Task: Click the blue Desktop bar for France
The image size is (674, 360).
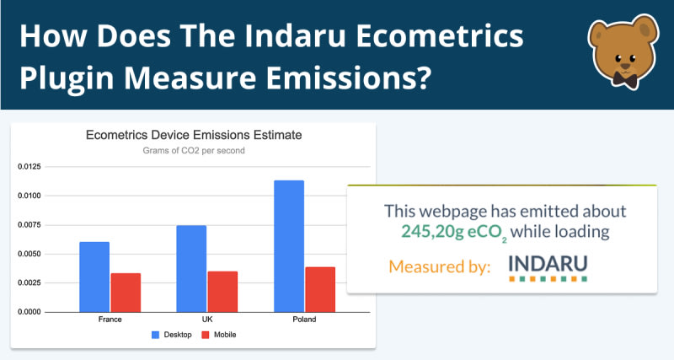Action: (x=94, y=277)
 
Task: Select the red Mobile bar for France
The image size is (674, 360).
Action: (x=126, y=293)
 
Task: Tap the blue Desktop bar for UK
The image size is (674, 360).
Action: (x=191, y=269)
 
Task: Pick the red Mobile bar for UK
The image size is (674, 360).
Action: (x=222, y=292)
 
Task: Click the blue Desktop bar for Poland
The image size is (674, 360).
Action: (x=289, y=246)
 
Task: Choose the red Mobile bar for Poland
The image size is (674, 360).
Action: (x=320, y=289)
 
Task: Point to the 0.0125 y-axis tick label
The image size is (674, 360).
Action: (x=29, y=166)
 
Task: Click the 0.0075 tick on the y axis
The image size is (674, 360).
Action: (x=29, y=224)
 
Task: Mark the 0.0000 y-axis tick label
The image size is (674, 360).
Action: (x=29, y=312)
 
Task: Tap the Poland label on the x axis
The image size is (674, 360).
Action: (x=304, y=320)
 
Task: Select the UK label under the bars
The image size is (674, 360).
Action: (x=207, y=320)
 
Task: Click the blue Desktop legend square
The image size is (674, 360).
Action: (x=156, y=335)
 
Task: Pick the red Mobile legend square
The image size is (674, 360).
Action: (x=206, y=335)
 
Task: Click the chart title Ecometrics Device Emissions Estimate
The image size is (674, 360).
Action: (x=194, y=135)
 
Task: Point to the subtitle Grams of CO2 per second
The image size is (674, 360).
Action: (x=194, y=151)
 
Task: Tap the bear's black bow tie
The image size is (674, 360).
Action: (x=625, y=78)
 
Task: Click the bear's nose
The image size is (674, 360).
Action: (x=625, y=66)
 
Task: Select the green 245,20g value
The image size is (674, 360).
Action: (x=432, y=232)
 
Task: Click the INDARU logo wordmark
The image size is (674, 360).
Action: (x=548, y=264)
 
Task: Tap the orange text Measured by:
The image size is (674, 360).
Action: (x=439, y=266)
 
